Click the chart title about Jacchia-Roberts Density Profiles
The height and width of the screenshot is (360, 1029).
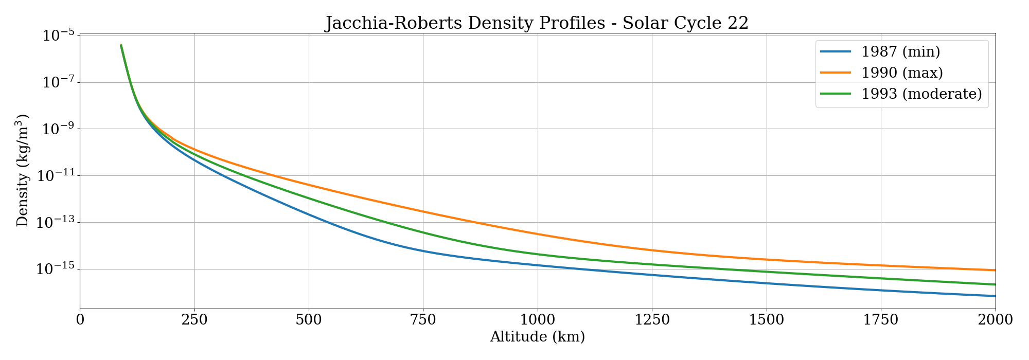coord(537,23)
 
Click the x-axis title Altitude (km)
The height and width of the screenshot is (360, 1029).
coord(538,337)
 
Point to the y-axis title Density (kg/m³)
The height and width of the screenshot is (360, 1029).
coord(23,170)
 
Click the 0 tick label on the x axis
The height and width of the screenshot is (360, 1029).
coord(80,320)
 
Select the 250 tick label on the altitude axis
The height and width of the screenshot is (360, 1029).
coord(194,320)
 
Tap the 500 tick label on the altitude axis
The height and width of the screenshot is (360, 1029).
coord(309,320)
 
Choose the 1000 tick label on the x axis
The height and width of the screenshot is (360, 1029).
coord(538,320)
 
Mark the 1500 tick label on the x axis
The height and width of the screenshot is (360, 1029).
coord(767,320)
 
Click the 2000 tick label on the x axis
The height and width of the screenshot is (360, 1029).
coord(995,320)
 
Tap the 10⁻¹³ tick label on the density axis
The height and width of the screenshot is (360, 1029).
coord(55,223)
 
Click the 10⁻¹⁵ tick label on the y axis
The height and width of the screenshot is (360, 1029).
coord(55,269)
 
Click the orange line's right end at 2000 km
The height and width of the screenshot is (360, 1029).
coord(995,270)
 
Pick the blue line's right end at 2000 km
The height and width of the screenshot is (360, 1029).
coord(995,296)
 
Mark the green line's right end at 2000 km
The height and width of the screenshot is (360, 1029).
coord(995,284)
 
